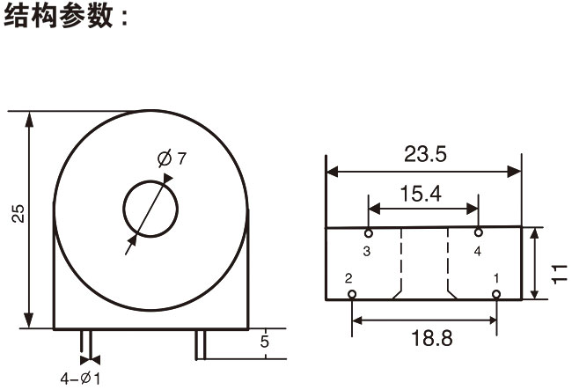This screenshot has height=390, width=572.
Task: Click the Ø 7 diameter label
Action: (x=172, y=158)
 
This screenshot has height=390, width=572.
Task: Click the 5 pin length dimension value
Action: (x=263, y=342)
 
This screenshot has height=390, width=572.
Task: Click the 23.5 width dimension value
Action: (x=426, y=155)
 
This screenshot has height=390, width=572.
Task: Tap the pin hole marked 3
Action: (x=368, y=233)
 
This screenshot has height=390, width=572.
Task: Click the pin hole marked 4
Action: (x=479, y=233)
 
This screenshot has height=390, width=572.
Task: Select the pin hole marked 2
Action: (x=352, y=295)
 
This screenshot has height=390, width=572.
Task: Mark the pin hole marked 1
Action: (x=496, y=295)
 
